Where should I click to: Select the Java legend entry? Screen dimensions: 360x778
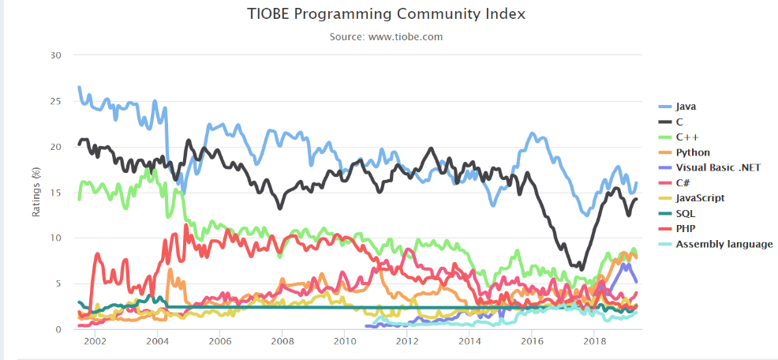tap(686, 107)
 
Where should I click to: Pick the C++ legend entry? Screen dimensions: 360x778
tap(687, 137)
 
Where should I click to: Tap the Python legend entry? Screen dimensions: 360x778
tap(693, 152)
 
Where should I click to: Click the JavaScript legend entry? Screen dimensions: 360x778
tap(700, 198)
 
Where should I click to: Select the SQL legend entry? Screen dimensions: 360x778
tap(686, 213)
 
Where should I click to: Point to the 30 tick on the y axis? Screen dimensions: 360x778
tap(54, 55)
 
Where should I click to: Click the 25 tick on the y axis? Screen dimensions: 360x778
tap(54, 101)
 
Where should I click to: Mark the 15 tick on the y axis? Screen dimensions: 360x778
tap(54, 192)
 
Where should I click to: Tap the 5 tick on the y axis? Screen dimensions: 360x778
tap(57, 283)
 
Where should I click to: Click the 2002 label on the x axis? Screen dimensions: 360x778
tap(95, 341)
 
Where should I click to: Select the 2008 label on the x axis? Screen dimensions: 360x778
tap(282, 341)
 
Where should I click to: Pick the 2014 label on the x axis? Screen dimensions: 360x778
tap(469, 341)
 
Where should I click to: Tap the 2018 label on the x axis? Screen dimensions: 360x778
tap(594, 341)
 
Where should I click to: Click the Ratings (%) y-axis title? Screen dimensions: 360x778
tap(35, 192)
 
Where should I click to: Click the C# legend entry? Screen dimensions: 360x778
tap(683, 182)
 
